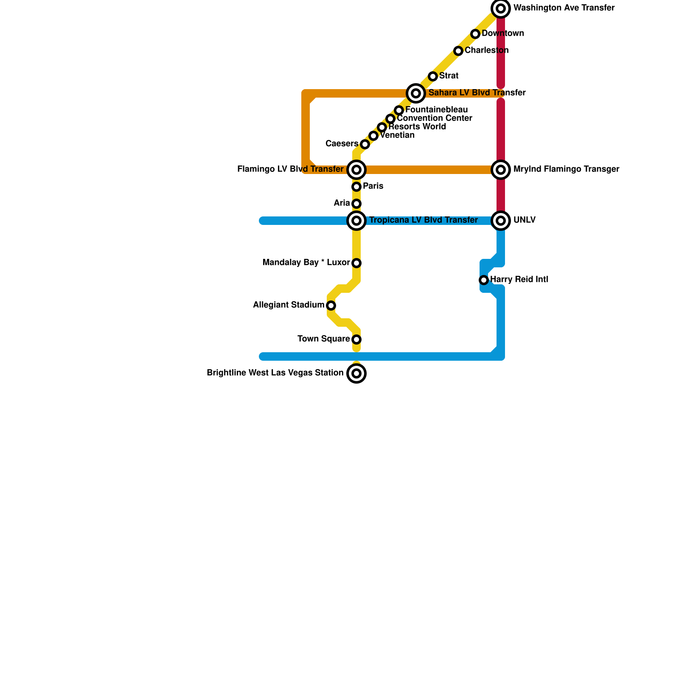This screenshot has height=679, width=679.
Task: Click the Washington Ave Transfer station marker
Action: (x=501, y=8)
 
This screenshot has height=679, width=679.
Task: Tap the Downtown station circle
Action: (x=475, y=34)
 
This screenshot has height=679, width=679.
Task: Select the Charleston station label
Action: (x=486, y=51)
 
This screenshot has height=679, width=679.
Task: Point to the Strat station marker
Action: (x=433, y=76)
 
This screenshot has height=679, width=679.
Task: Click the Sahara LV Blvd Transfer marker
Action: (x=416, y=93)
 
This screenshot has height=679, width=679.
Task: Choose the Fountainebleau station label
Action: (x=436, y=110)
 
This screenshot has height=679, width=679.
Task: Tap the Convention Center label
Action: (x=434, y=118)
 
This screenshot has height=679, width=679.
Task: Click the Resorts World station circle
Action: (x=382, y=127)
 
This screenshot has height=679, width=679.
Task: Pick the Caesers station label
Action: (x=342, y=144)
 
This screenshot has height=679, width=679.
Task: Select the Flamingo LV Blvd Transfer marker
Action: (x=356, y=170)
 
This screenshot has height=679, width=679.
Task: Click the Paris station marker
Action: (x=356, y=187)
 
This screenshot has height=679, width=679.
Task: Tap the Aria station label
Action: (x=342, y=203)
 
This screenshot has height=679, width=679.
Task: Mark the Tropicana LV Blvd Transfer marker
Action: (x=356, y=221)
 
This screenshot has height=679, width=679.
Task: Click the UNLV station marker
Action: (x=501, y=221)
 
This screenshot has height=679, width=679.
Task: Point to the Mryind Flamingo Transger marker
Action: (x=501, y=170)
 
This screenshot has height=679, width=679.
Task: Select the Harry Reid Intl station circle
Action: (x=484, y=280)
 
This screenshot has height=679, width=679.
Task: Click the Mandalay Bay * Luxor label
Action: (x=306, y=263)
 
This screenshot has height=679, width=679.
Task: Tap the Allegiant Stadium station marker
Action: (x=331, y=306)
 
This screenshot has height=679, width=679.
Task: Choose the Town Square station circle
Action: (x=356, y=339)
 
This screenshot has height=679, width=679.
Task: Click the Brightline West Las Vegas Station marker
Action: (x=356, y=373)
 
